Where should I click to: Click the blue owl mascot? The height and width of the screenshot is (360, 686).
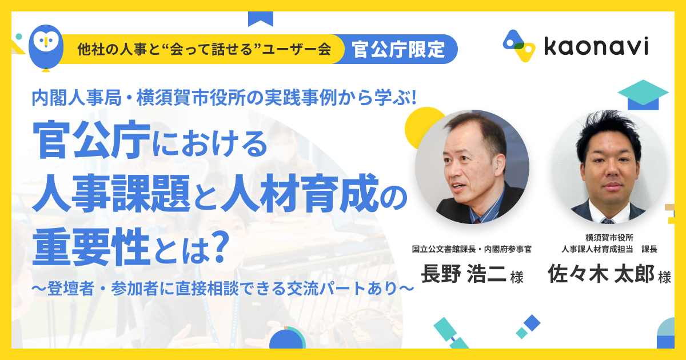(46, 47)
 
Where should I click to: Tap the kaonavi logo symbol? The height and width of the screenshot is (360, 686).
(519, 46)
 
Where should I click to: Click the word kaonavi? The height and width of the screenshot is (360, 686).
(596, 46)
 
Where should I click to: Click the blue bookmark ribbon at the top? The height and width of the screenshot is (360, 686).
(260, 19)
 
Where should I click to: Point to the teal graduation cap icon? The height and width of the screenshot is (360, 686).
(643, 95)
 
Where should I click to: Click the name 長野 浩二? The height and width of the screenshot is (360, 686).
(464, 274)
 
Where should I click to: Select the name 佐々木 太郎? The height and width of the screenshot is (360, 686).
(601, 273)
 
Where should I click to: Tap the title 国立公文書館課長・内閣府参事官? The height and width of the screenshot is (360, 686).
(472, 249)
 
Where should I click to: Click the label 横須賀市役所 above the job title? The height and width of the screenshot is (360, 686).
(609, 238)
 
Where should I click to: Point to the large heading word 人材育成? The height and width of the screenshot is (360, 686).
(298, 193)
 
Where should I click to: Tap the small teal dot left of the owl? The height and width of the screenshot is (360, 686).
(19, 37)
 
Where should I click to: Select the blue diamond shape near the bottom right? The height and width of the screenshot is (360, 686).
(532, 323)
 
